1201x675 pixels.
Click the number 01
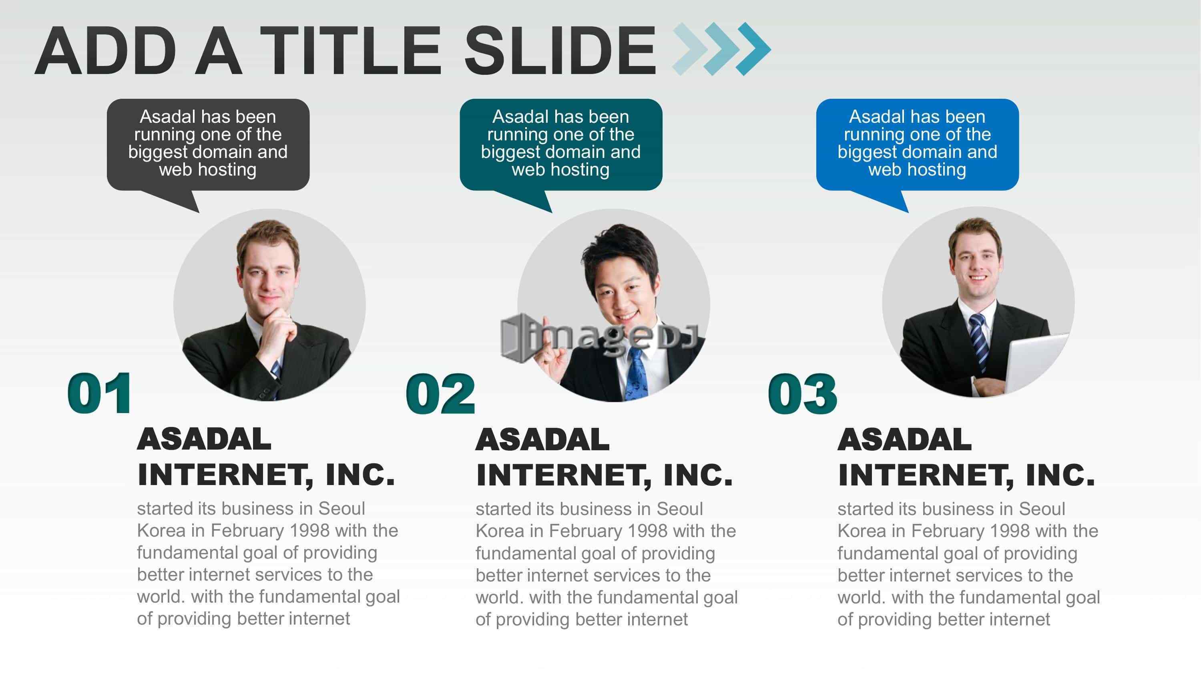(x=99, y=393)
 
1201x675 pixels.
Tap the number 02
(x=441, y=394)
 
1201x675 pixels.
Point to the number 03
(x=803, y=394)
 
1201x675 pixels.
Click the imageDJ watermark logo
(x=599, y=337)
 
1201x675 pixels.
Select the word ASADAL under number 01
(x=204, y=439)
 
